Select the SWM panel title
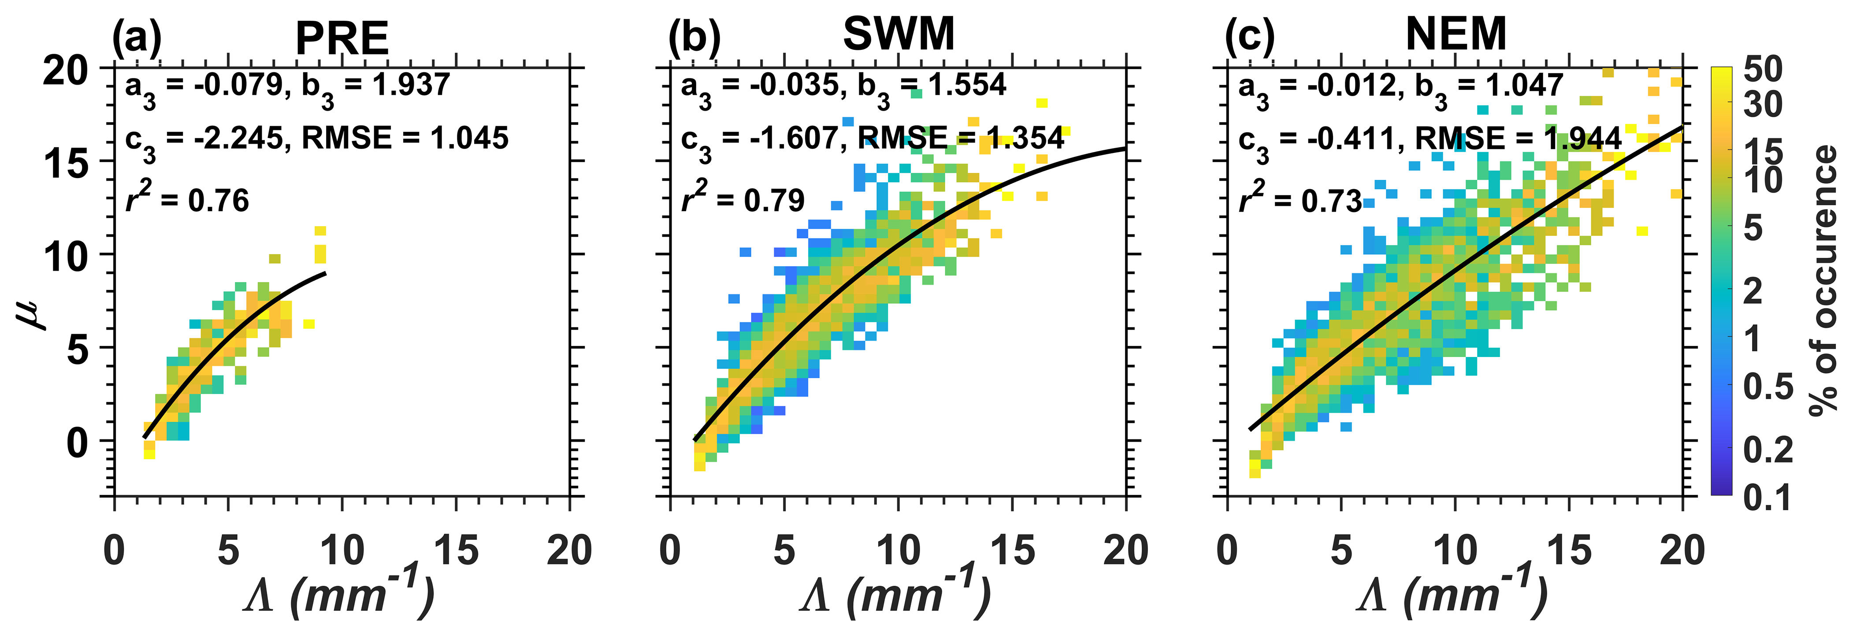(899, 34)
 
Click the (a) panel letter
(137, 37)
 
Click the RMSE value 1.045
(469, 138)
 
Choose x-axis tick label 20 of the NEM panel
(1682, 551)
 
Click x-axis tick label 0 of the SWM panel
(670, 551)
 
